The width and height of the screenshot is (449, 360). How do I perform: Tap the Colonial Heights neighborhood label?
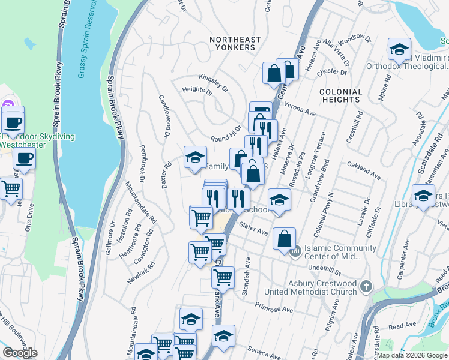(x=341, y=96)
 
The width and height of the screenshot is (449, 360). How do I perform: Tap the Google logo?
(x=20, y=353)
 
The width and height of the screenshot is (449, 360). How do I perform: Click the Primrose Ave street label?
(x=274, y=306)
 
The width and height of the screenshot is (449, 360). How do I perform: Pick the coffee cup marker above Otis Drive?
(x=24, y=159)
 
